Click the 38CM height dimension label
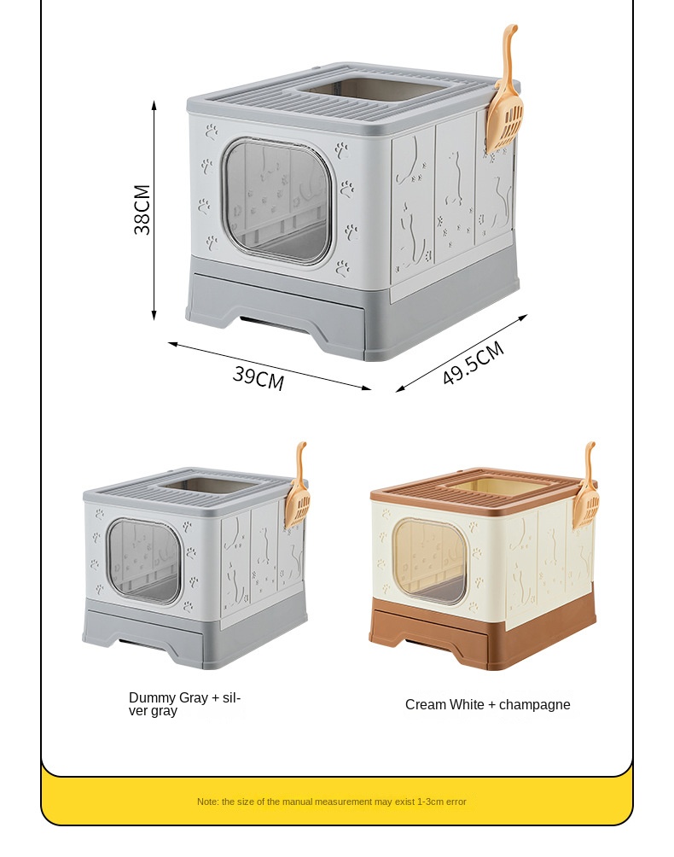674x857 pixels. pos(142,209)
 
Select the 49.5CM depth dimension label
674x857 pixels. pos(474,363)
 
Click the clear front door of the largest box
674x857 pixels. pos(276,201)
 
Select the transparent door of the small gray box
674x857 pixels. pos(144,560)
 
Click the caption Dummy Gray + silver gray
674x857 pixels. pos(184,704)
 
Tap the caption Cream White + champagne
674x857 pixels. pos(487,704)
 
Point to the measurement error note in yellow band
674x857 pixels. pos(331,802)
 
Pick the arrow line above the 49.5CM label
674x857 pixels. pos(462,353)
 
